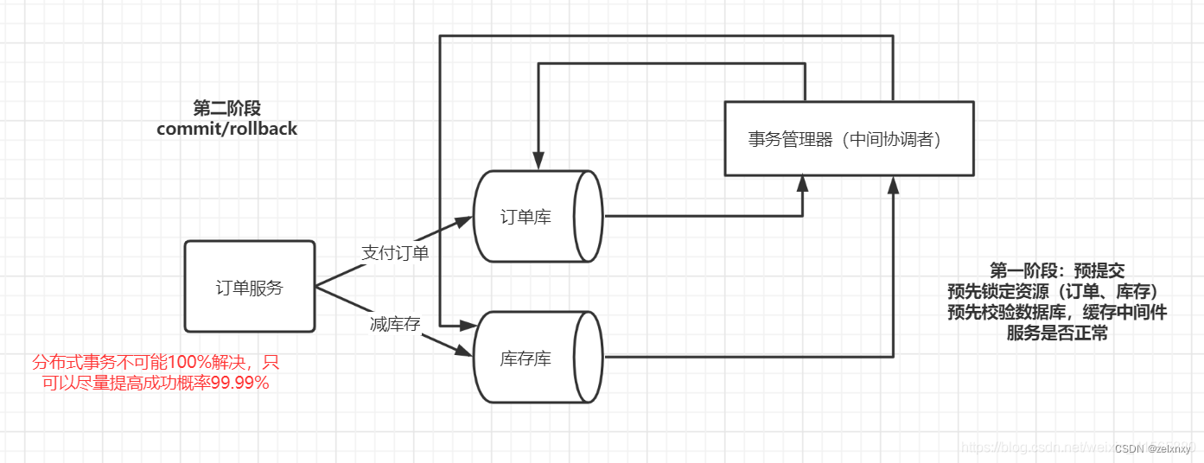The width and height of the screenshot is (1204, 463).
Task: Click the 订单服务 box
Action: [249, 288]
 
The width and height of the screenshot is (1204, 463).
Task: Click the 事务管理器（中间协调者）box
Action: [848, 139]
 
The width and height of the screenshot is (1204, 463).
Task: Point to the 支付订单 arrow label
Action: [394, 253]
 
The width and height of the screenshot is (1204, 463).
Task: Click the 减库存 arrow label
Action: [394, 324]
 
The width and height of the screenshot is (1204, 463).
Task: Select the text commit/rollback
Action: [226, 129]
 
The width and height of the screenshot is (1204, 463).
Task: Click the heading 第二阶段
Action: [226, 108]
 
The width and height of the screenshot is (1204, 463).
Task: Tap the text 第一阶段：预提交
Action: [1056, 270]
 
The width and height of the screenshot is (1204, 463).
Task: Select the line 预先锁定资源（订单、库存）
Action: [1056, 291]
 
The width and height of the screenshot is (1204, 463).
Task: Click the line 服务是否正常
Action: [1056, 333]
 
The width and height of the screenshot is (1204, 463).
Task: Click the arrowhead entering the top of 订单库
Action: [538, 162]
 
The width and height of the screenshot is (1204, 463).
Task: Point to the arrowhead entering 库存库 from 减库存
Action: [464, 352]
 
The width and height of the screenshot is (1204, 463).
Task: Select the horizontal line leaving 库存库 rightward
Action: [743, 357]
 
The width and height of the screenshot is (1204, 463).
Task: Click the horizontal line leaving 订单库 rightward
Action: [700, 216]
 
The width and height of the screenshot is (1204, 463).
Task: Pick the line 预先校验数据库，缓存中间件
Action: [1056, 312]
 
